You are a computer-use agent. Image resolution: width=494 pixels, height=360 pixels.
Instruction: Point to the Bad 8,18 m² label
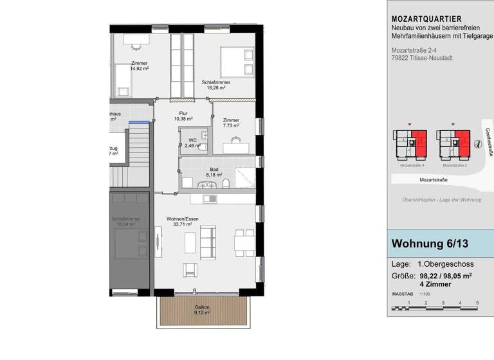[x=214, y=172]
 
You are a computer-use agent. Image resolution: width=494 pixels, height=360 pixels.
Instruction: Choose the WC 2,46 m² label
[x=192, y=143]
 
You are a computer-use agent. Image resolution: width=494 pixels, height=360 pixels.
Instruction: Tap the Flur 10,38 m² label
[x=184, y=116]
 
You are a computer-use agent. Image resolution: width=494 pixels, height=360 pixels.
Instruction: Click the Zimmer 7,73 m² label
[x=231, y=123]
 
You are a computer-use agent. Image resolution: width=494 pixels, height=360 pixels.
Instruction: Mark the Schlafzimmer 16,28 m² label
[x=215, y=85]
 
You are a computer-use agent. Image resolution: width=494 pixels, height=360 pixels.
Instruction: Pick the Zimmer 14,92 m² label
[x=139, y=66]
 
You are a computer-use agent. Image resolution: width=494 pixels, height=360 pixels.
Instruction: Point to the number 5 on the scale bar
[x=477, y=302]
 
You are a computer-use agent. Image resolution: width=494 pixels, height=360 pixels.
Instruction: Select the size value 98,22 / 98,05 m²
[x=446, y=276]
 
